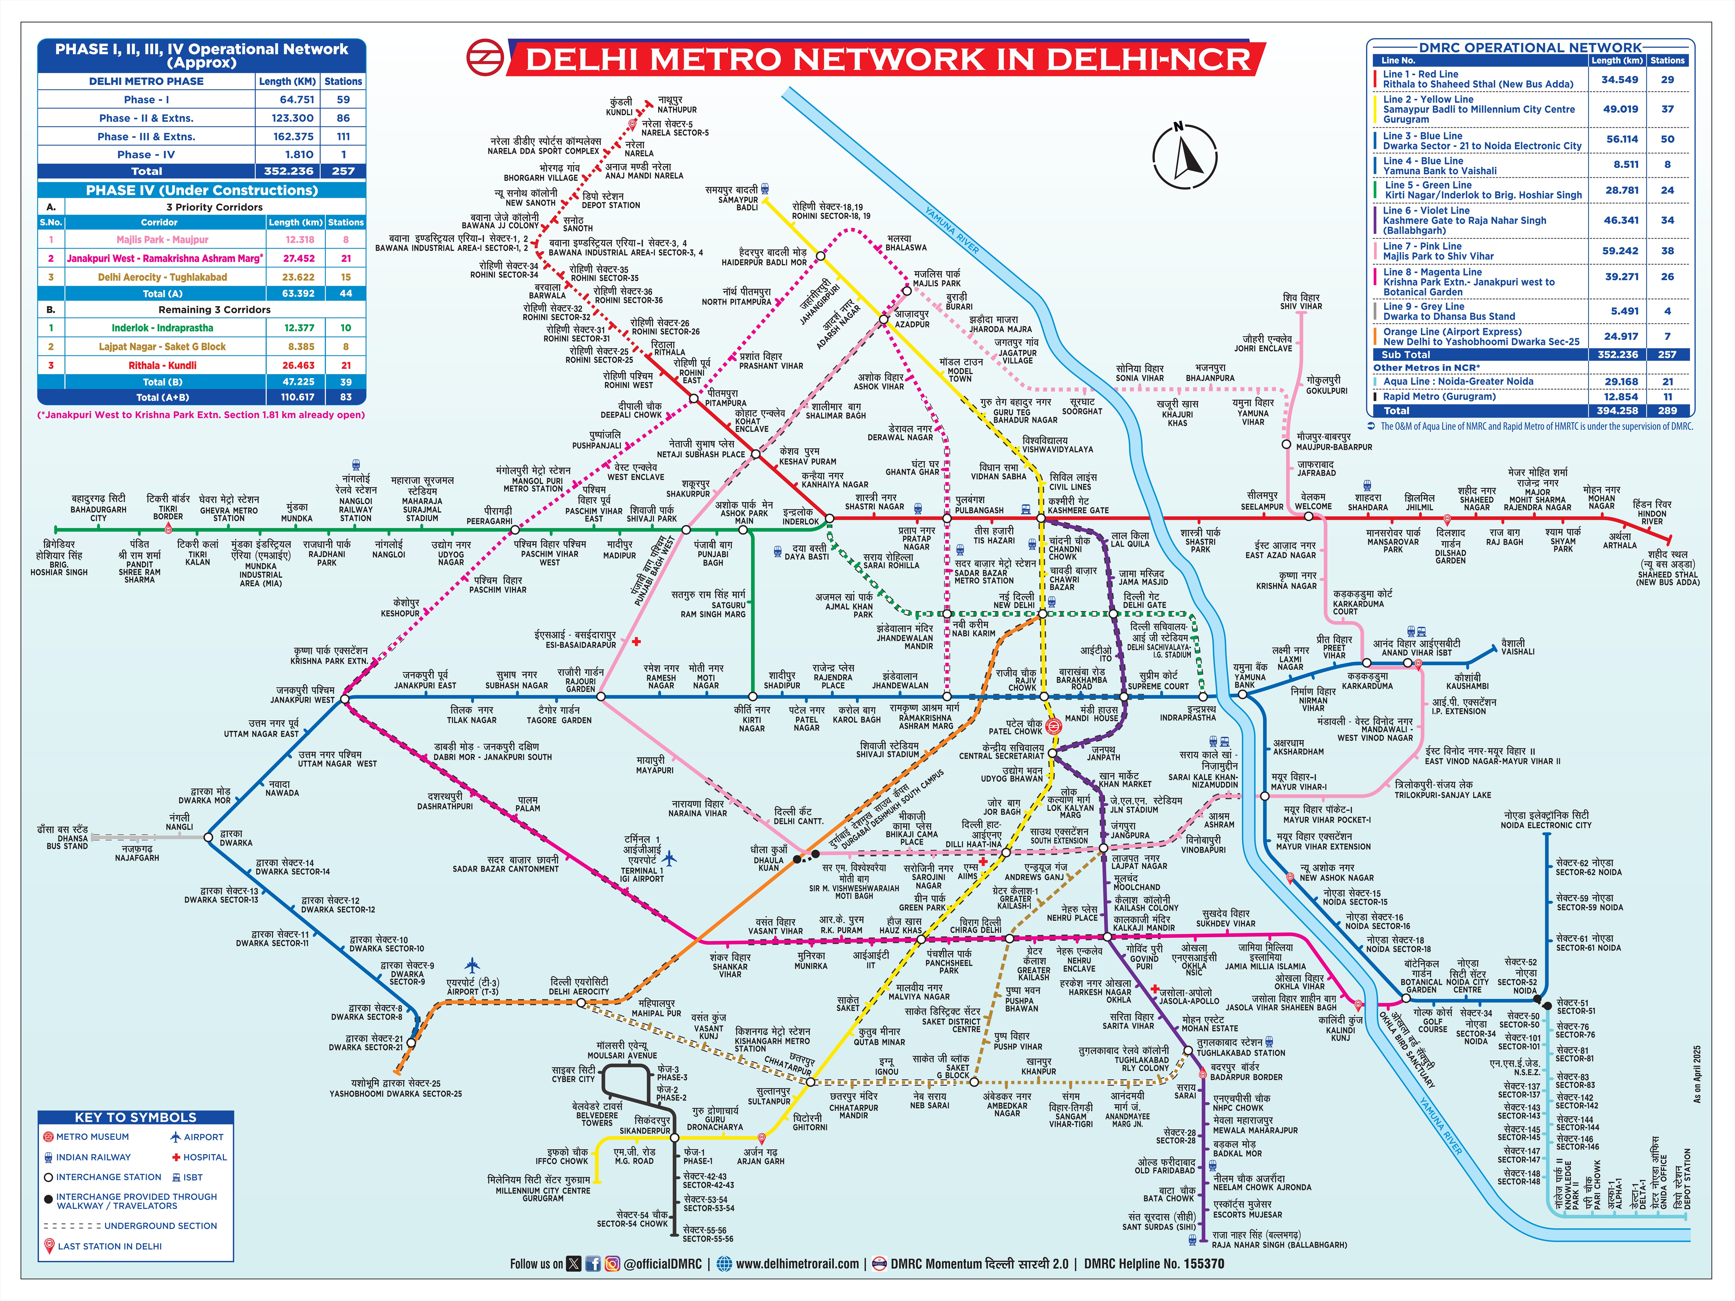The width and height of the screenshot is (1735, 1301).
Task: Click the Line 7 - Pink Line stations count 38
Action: (1667, 251)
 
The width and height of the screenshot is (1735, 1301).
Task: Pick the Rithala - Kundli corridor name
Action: (162, 365)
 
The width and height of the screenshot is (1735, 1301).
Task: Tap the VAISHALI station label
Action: (1517, 647)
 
